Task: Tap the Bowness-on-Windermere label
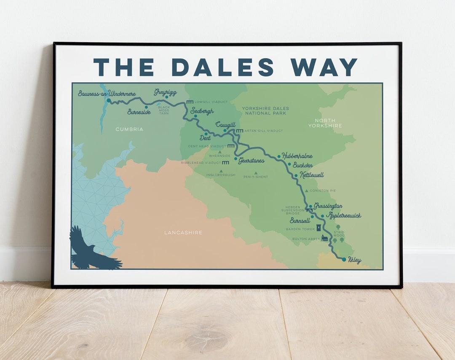click(x=107, y=93)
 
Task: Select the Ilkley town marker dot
click(x=344, y=259)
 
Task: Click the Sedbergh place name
click(x=202, y=111)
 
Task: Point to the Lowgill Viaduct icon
click(x=190, y=102)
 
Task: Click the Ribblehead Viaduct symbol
click(x=226, y=162)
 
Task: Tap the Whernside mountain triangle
click(x=219, y=151)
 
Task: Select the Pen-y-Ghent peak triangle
click(x=255, y=172)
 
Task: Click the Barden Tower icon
click(x=318, y=228)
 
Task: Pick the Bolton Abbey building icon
click(x=324, y=238)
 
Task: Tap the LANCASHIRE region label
click(x=183, y=233)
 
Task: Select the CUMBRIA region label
click(x=129, y=129)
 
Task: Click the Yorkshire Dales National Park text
click(x=264, y=110)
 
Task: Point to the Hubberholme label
click(x=297, y=156)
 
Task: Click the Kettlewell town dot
click(x=296, y=175)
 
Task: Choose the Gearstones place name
click(x=252, y=161)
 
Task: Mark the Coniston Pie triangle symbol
click(x=306, y=191)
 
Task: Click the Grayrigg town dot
click(x=166, y=97)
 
